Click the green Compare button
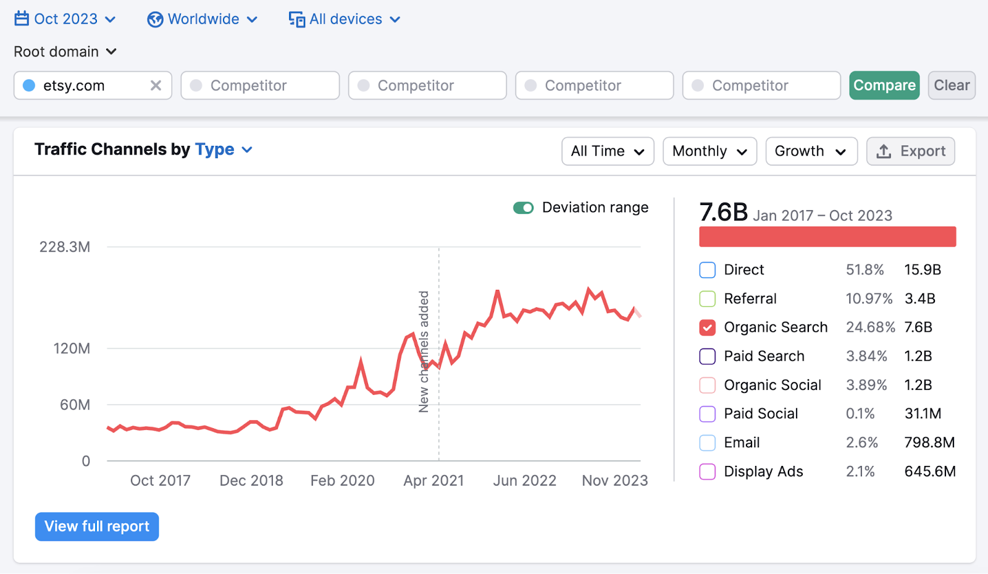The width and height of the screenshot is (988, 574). click(884, 85)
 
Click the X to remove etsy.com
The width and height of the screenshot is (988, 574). click(156, 85)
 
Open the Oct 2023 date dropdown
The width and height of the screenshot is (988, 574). click(65, 19)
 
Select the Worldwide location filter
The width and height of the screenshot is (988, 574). click(202, 19)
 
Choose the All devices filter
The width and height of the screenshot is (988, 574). click(345, 19)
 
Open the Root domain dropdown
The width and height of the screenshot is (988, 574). click(65, 52)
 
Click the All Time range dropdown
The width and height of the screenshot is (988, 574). click(607, 151)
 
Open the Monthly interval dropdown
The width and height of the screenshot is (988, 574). click(709, 151)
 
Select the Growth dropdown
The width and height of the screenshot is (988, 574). click(811, 151)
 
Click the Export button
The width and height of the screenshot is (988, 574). click(910, 151)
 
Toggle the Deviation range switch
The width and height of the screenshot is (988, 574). click(523, 208)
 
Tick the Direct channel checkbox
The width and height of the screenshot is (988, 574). click(707, 270)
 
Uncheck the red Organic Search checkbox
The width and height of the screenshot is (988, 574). click(707, 327)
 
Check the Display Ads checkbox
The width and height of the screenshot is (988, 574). click(707, 472)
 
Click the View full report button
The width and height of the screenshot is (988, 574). click(97, 526)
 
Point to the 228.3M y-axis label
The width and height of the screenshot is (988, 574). click(65, 247)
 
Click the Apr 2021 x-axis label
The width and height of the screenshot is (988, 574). click(433, 481)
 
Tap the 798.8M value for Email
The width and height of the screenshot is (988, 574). click(929, 443)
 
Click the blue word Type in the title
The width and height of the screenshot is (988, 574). click(214, 150)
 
